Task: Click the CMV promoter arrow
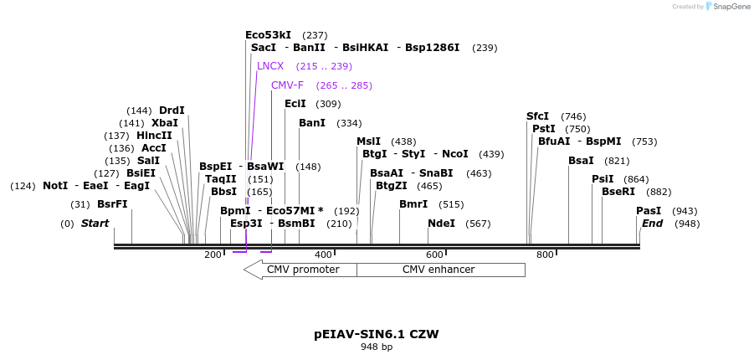click(300, 270)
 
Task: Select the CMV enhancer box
click(439, 270)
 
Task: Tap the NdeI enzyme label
click(441, 224)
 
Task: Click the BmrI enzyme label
click(413, 204)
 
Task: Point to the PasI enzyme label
click(649, 211)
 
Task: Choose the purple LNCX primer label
click(270, 66)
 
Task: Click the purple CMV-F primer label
click(287, 85)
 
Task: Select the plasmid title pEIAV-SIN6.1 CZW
click(377, 334)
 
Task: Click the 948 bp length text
click(377, 347)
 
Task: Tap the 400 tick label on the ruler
click(323, 255)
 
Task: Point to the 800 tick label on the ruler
click(545, 255)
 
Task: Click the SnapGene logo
click(728, 7)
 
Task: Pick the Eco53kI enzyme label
click(268, 35)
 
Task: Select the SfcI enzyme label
click(537, 116)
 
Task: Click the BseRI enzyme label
click(618, 192)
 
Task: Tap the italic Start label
click(95, 224)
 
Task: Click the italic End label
click(652, 224)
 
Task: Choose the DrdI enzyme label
click(172, 111)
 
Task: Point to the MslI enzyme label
click(368, 141)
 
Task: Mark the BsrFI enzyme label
click(112, 204)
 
